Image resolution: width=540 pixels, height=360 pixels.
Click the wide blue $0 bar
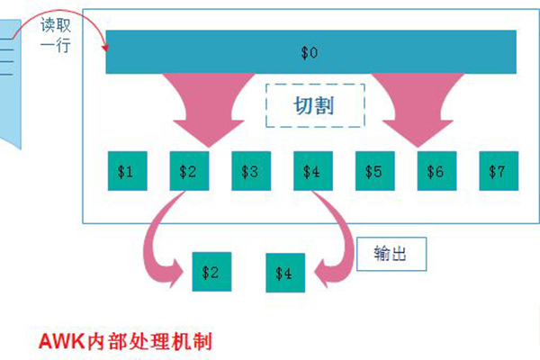(x=310, y=51)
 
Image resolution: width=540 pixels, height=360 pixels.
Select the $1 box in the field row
(x=125, y=170)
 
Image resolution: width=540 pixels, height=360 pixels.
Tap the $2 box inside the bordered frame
(x=187, y=170)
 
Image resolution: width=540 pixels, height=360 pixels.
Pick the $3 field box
(x=249, y=170)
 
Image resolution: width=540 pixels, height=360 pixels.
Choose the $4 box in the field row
(x=311, y=170)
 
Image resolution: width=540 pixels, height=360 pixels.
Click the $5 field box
(x=373, y=170)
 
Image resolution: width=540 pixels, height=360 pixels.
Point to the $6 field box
(x=436, y=170)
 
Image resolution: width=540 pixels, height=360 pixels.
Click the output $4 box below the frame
(x=284, y=272)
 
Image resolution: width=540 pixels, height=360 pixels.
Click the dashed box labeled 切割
(x=314, y=106)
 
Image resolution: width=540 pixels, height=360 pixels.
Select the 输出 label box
(x=389, y=254)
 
